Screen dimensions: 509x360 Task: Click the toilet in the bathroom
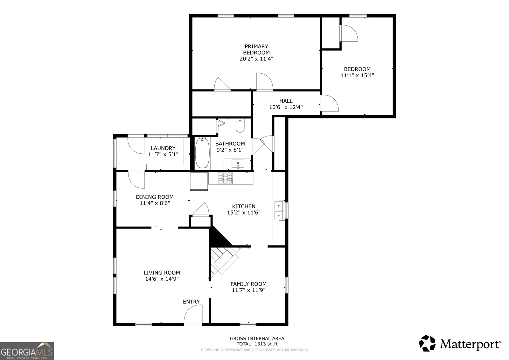coord(240,125)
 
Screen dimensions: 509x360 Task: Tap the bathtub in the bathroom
coord(202,152)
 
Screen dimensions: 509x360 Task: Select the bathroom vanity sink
coord(238,164)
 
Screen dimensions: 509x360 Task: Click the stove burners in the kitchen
coord(225,178)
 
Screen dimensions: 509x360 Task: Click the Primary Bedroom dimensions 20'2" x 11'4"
coord(256,59)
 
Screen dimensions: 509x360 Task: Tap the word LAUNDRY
coord(163,148)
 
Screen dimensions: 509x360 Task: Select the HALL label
coord(286,101)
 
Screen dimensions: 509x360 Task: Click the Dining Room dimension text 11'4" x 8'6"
coord(155,203)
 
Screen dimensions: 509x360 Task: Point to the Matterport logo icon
coord(427,343)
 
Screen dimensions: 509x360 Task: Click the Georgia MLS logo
coord(27,351)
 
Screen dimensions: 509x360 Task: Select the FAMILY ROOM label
coord(248,284)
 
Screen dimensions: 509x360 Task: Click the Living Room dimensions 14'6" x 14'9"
coord(162,279)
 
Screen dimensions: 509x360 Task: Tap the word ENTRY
coord(191,301)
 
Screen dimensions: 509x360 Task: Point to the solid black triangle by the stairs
coord(218,238)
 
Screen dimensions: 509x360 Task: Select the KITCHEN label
coord(244,206)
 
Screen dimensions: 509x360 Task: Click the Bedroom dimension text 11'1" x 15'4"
coord(357,75)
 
